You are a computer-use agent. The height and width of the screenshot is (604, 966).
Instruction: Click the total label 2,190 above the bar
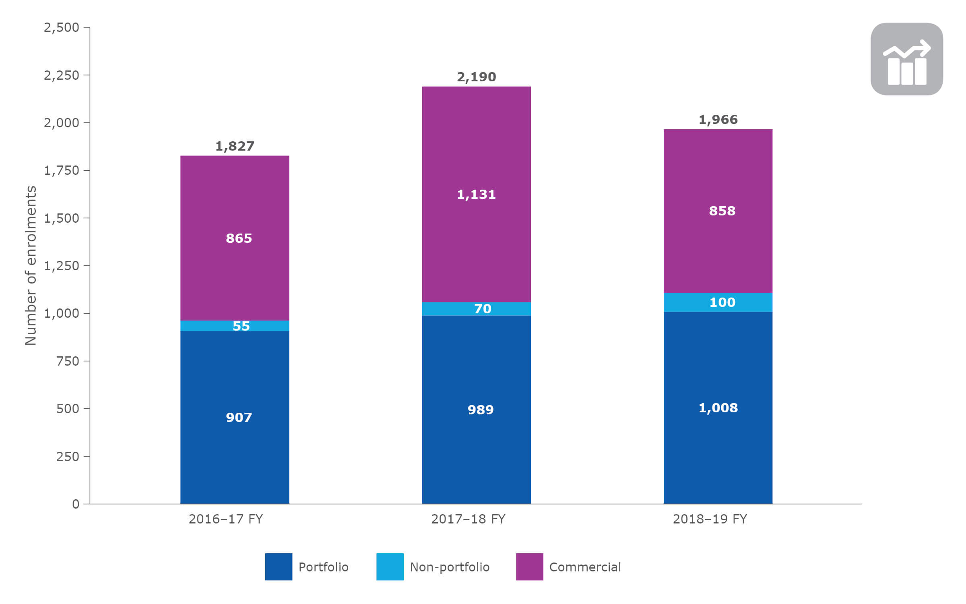pyautogui.click(x=476, y=77)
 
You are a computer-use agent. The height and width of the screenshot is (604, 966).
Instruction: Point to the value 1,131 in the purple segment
pyautogui.click(x=476, y=194)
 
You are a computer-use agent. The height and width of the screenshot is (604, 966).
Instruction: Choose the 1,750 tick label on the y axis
pyautogui.click(x=61, y=170)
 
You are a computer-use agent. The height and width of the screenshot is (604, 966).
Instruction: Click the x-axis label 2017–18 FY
pyautogui.click(x=468, y=519)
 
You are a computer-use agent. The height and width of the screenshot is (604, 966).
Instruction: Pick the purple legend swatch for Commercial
pyautogui.click(x=529, y=567)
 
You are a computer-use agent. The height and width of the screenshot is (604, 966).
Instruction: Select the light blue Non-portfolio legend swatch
pyautogui.click(x=390, y=567)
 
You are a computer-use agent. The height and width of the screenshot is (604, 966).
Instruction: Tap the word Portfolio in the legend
pyautogui.click(x=323, y=567)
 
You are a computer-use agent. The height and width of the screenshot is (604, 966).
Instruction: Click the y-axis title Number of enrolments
pyautogui.click(x=31, y=266)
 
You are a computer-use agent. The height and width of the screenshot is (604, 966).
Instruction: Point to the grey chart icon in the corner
pyautogui.click(x=906, y=59)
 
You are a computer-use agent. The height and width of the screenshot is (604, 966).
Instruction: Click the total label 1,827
pyautogui.click(x=235, y=146)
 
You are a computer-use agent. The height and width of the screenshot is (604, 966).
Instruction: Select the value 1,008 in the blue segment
pyautogui.click(x=718, y=408)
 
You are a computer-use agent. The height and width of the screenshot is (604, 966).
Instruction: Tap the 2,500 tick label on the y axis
pyautogui.click(x=61, y=27)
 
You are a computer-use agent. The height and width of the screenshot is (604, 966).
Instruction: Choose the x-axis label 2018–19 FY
pyautogui.click(x=710, y=519)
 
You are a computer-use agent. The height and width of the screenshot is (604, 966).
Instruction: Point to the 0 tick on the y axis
pyautogui.click(x=76, y=504)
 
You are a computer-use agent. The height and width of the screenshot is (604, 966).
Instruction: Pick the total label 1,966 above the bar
pyautogui.click(x=718, y=120)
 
